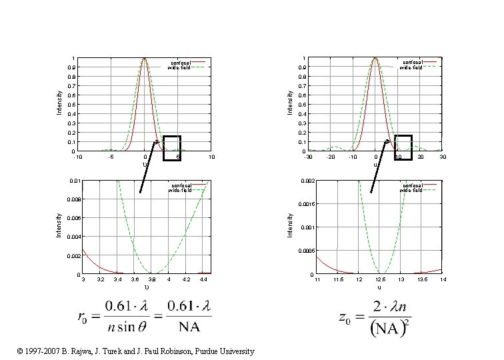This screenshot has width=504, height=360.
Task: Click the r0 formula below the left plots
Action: tap(144, 317)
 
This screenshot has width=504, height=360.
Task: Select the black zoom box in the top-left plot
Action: tap(171, 147)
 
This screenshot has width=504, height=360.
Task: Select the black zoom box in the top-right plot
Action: tap(403, 147)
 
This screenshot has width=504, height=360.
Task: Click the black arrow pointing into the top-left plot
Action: tap(149, 167)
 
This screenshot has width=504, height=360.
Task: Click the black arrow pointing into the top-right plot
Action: tap(380, 167)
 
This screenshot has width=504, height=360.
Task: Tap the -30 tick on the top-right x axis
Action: tap(307, 157)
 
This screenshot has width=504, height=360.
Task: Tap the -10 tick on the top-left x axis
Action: tap(77, 157)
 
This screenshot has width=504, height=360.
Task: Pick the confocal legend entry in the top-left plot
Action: tap(181, 63)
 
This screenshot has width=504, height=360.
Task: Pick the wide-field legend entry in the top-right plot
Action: tap(411, 68)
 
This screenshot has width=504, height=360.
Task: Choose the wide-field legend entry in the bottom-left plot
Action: tap(181, 191)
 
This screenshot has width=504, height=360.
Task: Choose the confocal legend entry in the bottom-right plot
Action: tap(411, 185)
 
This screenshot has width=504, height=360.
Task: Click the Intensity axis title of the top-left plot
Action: tap(59, 103)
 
